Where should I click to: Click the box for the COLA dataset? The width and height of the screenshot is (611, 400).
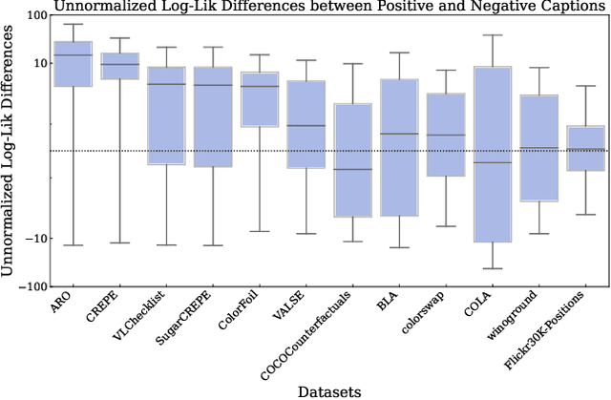coord(493,153)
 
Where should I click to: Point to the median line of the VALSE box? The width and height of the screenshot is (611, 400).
coord(305,125)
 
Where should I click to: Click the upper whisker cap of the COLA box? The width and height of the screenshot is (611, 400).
coord(493,35)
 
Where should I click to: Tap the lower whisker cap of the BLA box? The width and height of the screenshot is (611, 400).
coord(399,247)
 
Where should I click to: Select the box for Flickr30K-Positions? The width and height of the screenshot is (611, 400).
coord(585,148)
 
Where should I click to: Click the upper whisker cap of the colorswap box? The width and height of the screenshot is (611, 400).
coord(446,70)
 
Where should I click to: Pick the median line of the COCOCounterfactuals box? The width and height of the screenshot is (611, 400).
coord(352,169)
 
